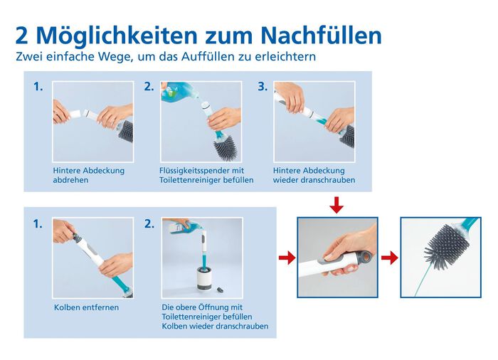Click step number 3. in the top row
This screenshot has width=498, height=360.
pyautogui.click(x=263, y=87)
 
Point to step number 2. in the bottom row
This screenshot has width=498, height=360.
pyautogui.click(x=149, y=223)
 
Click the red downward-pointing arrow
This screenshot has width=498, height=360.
pyautogui.click(x=337, y=205)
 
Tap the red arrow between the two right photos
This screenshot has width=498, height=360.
pyautogui.click(x=389, y=258)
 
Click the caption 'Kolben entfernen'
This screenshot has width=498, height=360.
pyautogui.click(x=85, y=307)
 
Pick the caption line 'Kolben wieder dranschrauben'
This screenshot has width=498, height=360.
pyautogui.click(x=215, y=326)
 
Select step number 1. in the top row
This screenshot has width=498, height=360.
pyautogui.click(x=38, y=87)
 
